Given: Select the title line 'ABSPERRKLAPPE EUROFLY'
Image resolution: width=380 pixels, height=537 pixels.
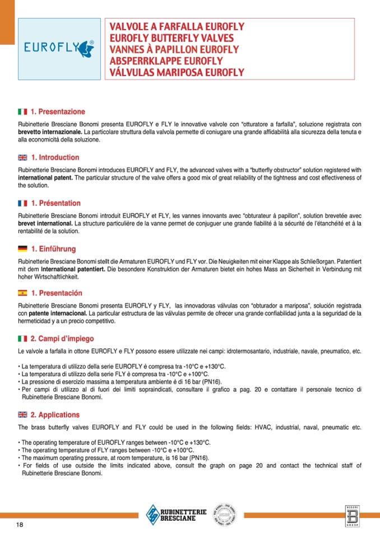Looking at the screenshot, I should click(166, 61).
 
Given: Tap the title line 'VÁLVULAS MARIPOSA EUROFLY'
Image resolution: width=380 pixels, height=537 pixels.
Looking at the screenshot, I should click(177, 73).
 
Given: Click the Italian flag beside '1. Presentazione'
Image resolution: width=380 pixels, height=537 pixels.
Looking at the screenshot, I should click(23, 112).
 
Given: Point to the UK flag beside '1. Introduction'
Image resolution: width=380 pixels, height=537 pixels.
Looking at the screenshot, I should click(23, 158).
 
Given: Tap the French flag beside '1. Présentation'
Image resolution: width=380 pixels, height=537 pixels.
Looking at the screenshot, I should click(23, 203).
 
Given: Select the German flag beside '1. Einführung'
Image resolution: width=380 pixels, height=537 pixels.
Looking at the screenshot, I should click(23, 249).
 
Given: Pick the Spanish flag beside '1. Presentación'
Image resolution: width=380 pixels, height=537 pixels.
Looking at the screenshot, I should click(23, 293).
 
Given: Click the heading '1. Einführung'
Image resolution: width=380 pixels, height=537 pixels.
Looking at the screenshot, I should click(53, 249).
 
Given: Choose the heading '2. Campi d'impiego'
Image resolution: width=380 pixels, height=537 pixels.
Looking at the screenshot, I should click(62, 339).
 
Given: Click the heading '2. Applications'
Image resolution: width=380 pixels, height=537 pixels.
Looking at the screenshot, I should click(55, 415).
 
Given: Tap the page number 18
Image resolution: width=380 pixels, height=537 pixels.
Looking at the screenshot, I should click(20, 524).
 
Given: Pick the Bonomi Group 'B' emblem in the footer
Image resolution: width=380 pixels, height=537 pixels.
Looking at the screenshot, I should click(352, 516).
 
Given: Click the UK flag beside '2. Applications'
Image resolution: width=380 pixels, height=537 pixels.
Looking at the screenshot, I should click(23, 415).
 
